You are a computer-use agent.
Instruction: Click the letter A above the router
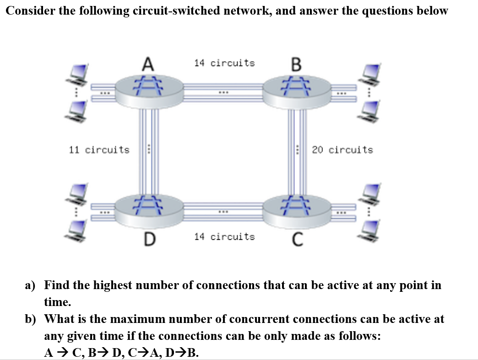[147, 63]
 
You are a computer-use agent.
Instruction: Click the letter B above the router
[296, 64]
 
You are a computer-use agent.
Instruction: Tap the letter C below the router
[297, 239]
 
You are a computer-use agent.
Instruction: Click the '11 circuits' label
[99, 150]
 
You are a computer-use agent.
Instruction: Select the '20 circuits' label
[342, 150]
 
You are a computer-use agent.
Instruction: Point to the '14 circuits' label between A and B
[224, 63]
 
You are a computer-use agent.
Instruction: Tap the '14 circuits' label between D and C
[224, 236]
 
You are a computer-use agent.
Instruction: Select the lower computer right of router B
[372, 110]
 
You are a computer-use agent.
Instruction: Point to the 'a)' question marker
[30, 285]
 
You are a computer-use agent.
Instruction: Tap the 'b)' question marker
[31, 319]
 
